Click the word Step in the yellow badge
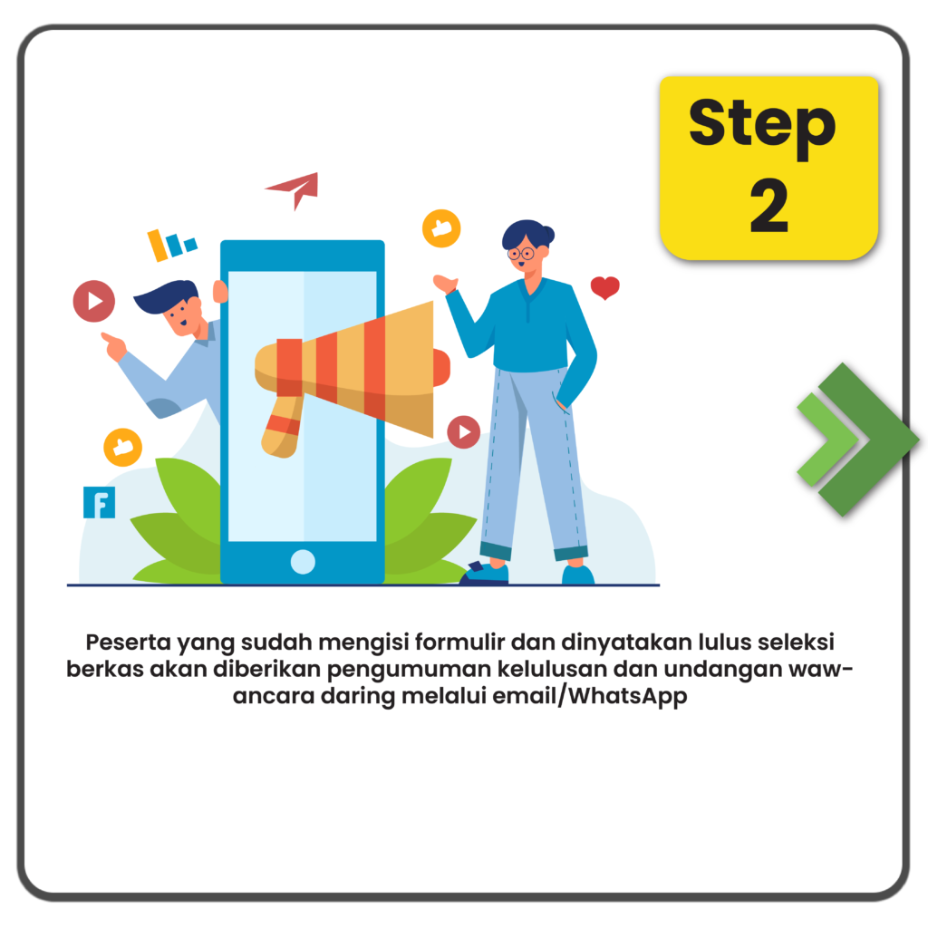[x=762, y=127]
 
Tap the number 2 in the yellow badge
[x=769, y=206]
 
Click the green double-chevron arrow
[x=857, y=440]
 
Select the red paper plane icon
[x=294, y=190]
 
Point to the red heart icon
[x=604, y=287]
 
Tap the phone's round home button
[x=303, y=562]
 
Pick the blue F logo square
[x=99, y=502]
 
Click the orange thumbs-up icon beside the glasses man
[x=441, y=227]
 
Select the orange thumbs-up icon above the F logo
[x=122, y=447]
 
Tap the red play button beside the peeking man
[x=94, y=301]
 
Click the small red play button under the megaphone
[x=463, y=432]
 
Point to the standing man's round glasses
[x=521, y=255]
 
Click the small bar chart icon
[x=171, y=245]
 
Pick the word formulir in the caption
[x=459, y=643]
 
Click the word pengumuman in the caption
[x=409, y=670]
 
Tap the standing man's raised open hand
[x=445, y=284]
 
